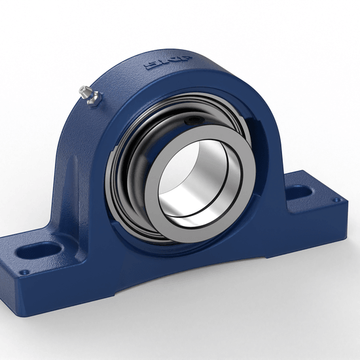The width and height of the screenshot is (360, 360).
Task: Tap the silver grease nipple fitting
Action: [88, 94]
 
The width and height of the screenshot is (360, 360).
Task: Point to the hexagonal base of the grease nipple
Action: [91, 98]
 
